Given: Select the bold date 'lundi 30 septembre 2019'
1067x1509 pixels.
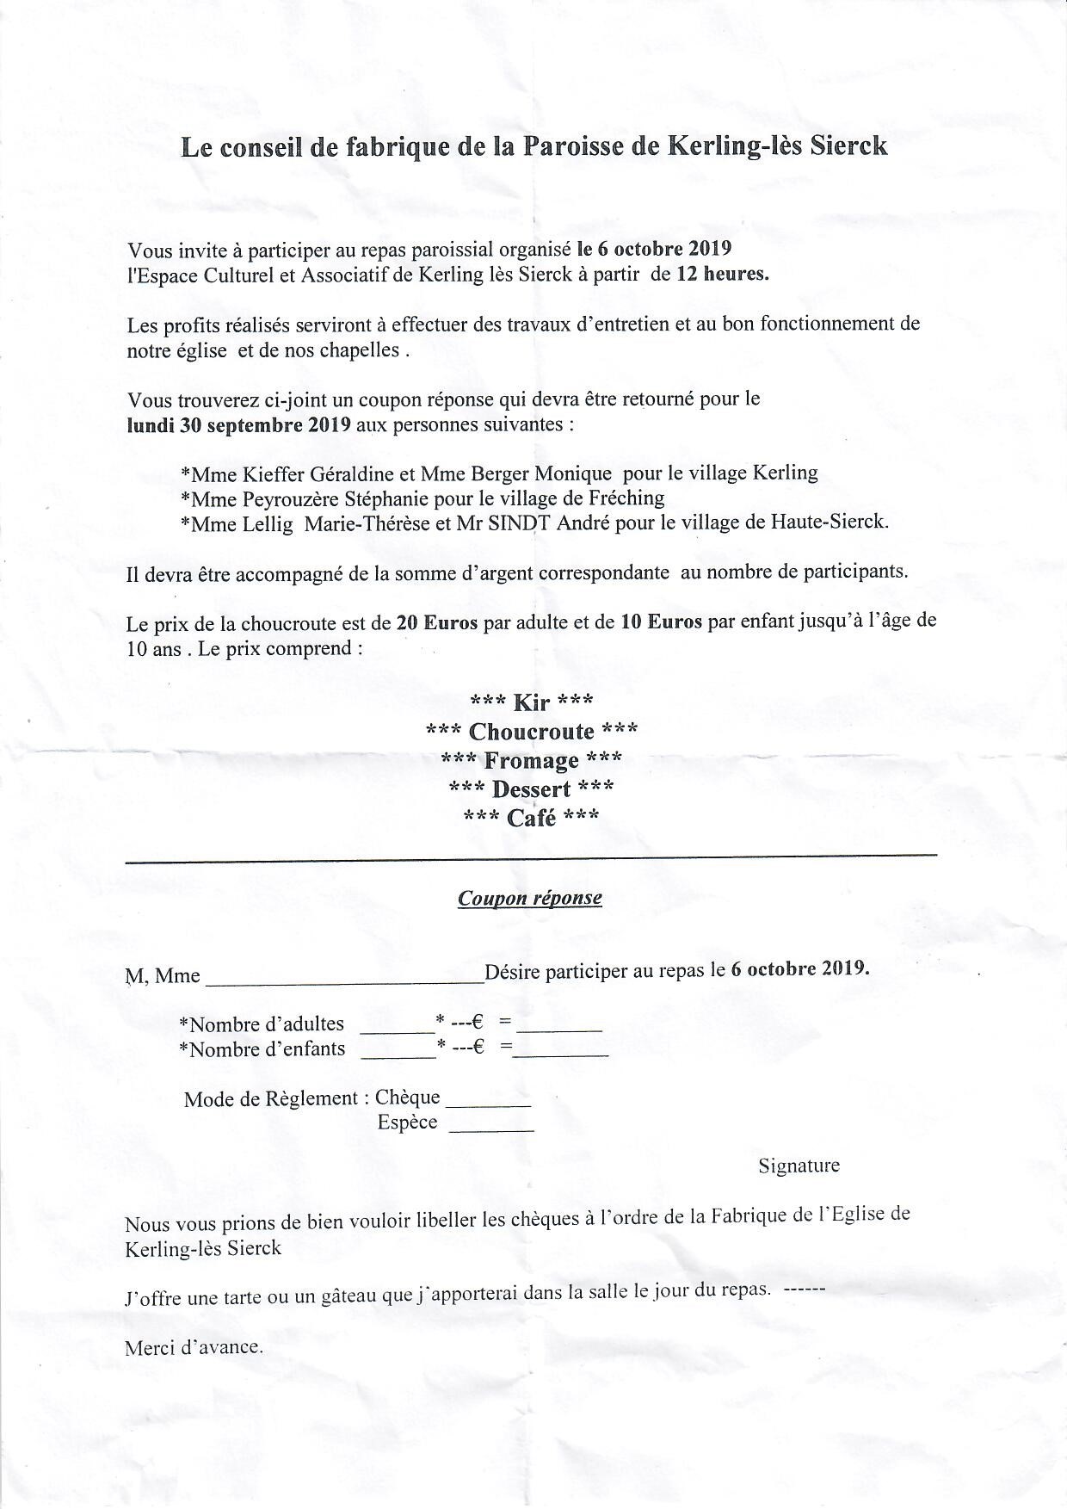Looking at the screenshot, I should pyautogui.click(x=238, y=424).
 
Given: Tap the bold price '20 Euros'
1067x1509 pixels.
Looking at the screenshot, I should pyautogui.click(x=436, y=622).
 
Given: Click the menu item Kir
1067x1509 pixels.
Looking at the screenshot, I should pyautogui.click(x=531, y=702).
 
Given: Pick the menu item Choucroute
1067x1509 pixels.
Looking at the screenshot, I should pyautogui.click(x=531, y=732).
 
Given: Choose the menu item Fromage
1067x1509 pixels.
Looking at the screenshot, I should pyautogui.click(x=531, y=761).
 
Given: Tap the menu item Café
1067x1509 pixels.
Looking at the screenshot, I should pyautogui.click(x=531, y=818).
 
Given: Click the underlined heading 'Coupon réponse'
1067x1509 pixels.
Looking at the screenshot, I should pyautogui.click(x=529, y=899).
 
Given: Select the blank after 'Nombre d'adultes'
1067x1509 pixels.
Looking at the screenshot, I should pyautogui.click(x=397, y=1026).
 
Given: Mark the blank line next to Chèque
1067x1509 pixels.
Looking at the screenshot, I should pyautogui.click(x=488, y=1101).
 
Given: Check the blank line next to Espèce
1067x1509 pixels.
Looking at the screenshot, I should pyautogui.click(x=491, y=1125).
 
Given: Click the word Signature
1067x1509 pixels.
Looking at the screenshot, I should pyautogui.click(x=799, y=1166).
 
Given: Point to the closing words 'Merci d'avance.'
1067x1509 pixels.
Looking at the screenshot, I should pyautogui.click(x=194, y=1347).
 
